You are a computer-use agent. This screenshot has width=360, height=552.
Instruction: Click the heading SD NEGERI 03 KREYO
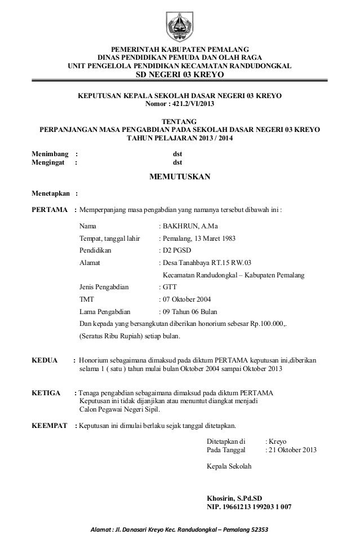coord(180,76)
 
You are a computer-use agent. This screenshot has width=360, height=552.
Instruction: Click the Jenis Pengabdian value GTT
coord(171,288)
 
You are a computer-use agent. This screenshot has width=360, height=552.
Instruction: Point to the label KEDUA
coord(45,360)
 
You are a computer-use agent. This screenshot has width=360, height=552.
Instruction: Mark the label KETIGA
coord(47,392)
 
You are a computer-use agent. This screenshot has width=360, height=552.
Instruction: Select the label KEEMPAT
coord(50,425)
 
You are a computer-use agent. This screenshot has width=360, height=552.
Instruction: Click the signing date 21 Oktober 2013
coord(293,450)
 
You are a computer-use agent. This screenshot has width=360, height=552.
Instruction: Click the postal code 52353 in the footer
coord(258,529)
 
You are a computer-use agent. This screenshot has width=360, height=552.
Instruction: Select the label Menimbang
coord(50,153)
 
